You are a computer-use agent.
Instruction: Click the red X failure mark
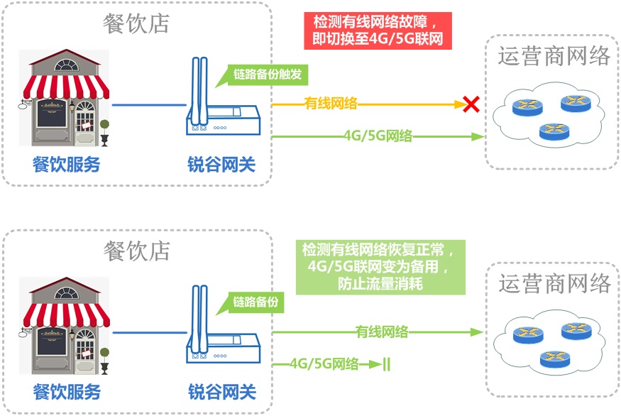tap(470, 105)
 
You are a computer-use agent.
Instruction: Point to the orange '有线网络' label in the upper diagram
tap(331, 104)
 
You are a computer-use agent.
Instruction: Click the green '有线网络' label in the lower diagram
tap(382, 331)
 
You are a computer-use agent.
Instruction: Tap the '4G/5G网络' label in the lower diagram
tap(324, 364)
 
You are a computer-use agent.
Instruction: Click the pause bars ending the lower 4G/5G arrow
tap(387, 365)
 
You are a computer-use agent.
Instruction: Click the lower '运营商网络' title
tap(554, 284)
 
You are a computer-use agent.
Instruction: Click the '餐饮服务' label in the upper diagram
tap(67, 165)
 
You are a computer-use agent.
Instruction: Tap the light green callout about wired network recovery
tap(381, 268)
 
